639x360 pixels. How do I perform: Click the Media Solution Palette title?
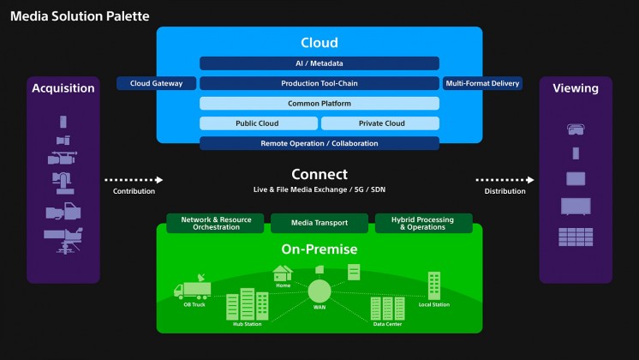80,16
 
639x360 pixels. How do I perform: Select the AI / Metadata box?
319,63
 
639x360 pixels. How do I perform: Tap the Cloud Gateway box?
156,83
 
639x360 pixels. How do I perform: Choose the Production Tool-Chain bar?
319,83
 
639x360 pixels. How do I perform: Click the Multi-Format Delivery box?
482,83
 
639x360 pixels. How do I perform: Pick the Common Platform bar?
319,104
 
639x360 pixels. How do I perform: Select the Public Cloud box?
257,123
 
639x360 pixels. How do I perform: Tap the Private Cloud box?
380,123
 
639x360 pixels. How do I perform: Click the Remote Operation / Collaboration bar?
319,143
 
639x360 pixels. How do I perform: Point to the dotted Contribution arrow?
134,180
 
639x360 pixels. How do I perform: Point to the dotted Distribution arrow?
505,180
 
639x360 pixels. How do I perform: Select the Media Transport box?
320,224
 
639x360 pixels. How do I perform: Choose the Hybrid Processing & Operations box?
423,224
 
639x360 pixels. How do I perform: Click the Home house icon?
283,273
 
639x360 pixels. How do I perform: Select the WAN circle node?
319,290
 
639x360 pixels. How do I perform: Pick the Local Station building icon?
434,285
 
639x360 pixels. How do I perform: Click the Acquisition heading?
63,88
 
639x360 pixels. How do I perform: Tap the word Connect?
319,174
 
